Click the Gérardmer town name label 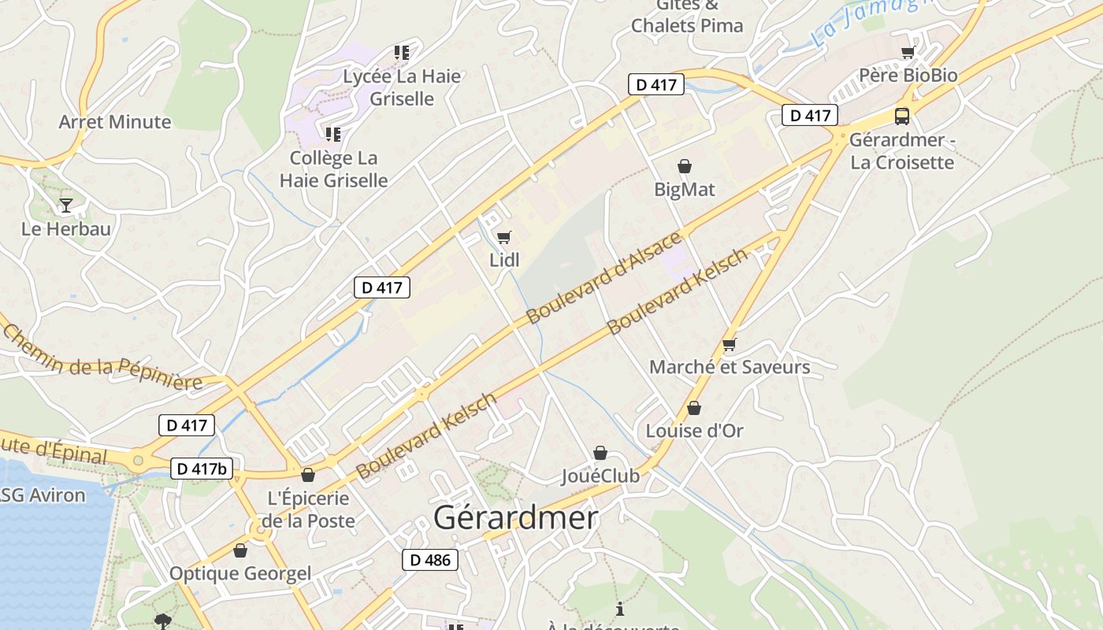pyautogui.click(x=516, y=518)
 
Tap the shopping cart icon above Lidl pyautogui.click(x=504, y=237)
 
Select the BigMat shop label pyautogui.click(x=685, y=189)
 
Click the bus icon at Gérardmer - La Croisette pyautogui.click(x=902, y=117)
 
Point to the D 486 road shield pyautogui.click(x=429, y=560)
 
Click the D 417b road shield pyautogui.click(x=202, y=469)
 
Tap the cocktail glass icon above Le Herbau pyautogui.click(x=66, y=206)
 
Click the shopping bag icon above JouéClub pyautogui.click(x=600, y=453)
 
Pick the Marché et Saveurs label pyautogui.click(x=730, y=367)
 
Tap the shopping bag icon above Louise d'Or pyautogui.click(x=694, y=408)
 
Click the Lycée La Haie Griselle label pyautogui.click(x=402, y=87)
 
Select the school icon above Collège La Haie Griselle pyautogui.click(x=333, y=135)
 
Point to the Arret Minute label pyautogui.click(x=115, y=122)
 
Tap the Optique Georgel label pyautogui.click(x=240, y=573)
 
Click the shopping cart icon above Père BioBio pyautogui.click(x=908, y=53)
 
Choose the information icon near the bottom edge pyautogui.click(x=620, y=609)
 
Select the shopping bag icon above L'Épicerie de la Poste pyautogui.click(x=308, y=475)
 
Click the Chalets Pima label pyautogui.click(x=687, y=25)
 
